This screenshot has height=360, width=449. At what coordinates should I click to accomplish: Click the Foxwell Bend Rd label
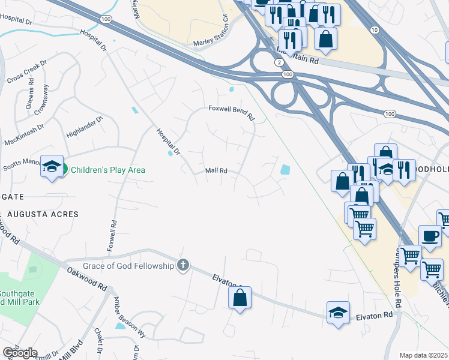click(x=231, y=109)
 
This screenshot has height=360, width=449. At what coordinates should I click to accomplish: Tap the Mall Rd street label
click(x=216, y=171)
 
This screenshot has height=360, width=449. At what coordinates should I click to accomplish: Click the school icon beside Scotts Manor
click(x=52, y=166)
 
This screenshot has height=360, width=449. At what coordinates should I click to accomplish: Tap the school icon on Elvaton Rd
click(x=339, y=312)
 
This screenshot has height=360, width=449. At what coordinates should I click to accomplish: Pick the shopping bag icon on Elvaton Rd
click(x=240, y=297)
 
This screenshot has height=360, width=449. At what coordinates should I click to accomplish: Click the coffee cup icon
click(x=429, y=236)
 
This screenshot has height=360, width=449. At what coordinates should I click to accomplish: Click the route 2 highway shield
click(x=279, y=62)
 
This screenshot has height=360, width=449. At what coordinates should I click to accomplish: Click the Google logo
click(x=20, y=353)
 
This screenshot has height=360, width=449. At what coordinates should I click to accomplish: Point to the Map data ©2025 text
click(x=423, y=355)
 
